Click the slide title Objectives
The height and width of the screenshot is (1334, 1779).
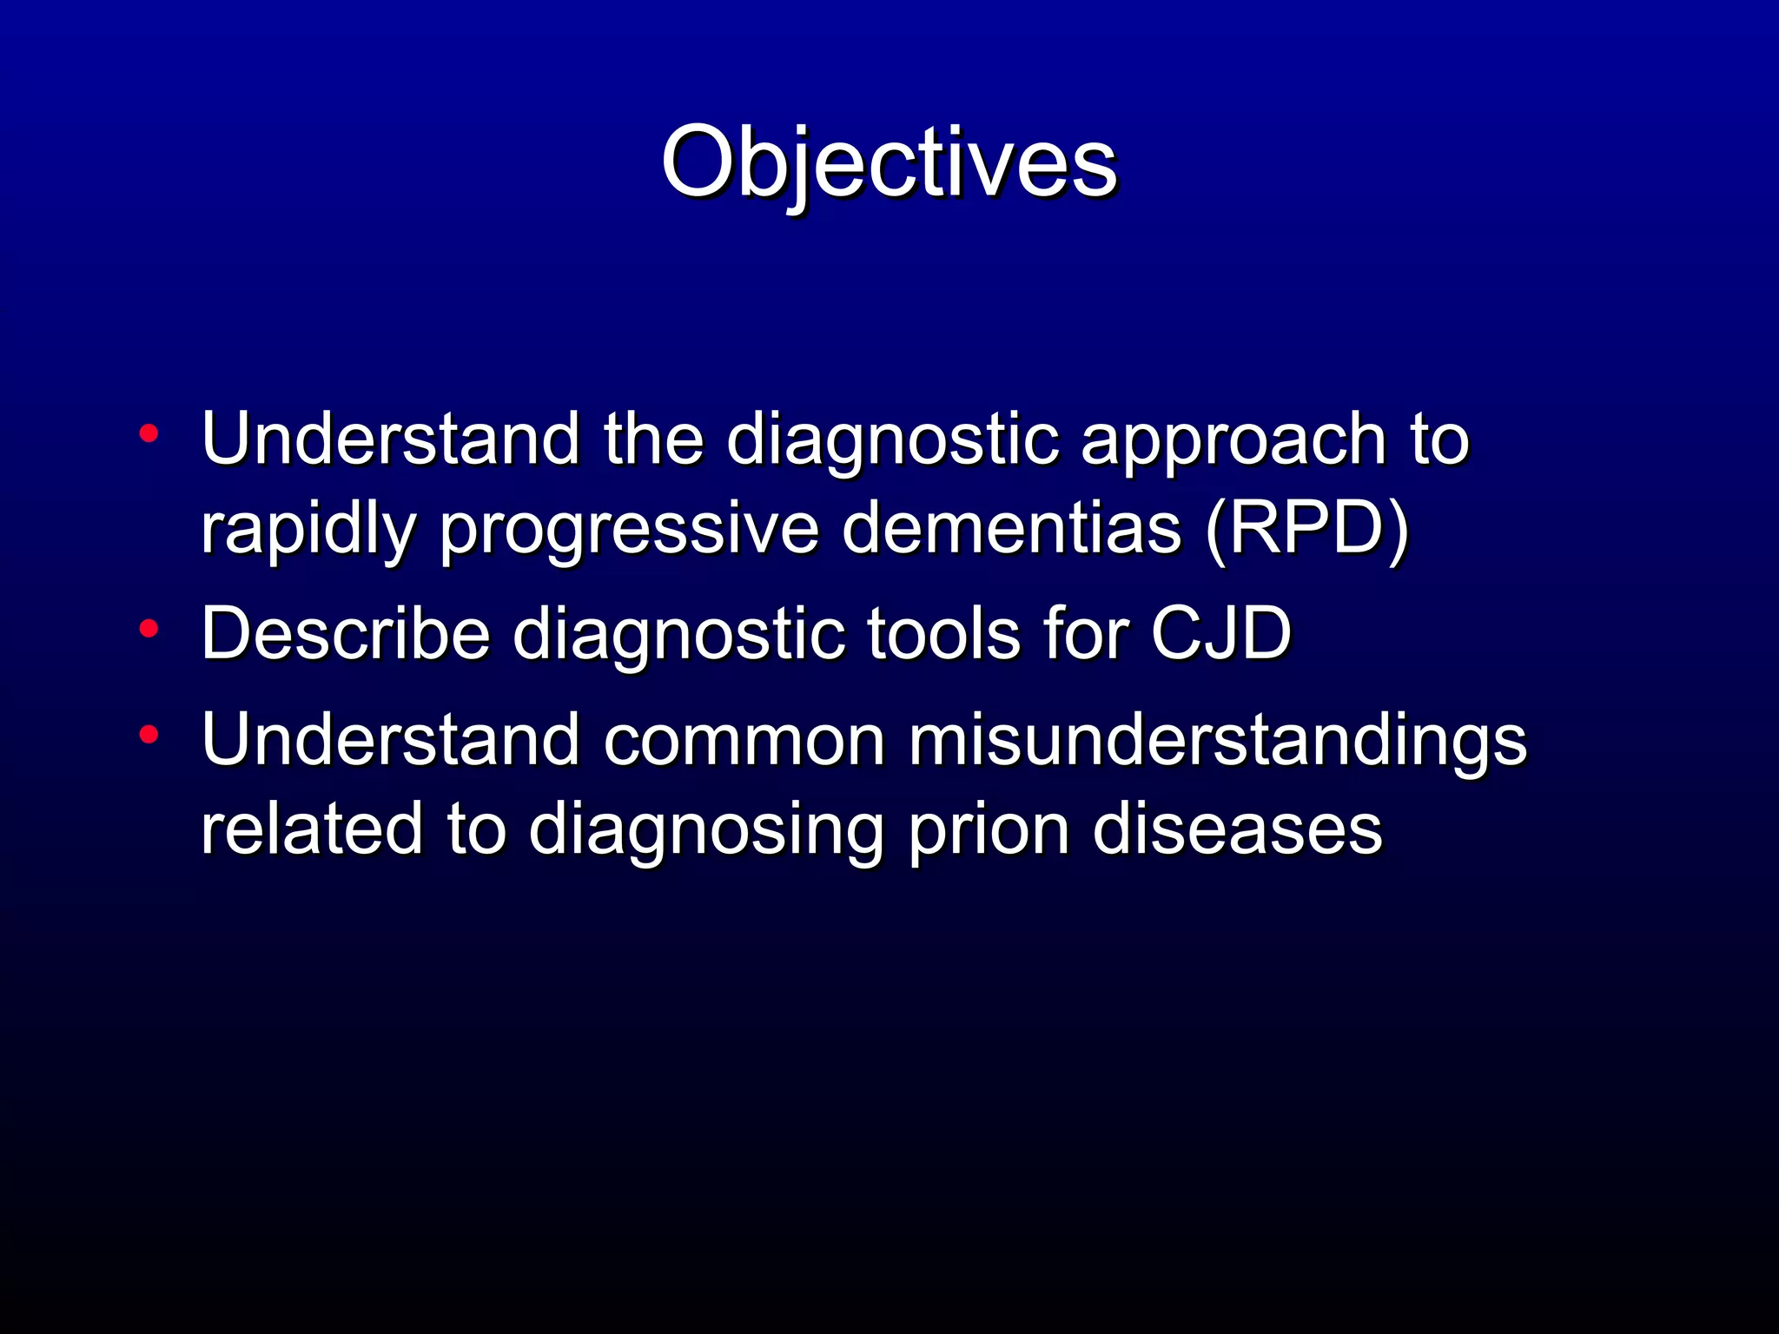tap(889, 163)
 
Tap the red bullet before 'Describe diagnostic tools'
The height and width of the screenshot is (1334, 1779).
tap(149, 628)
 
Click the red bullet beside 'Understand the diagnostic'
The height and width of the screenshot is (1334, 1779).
tap(149, 433)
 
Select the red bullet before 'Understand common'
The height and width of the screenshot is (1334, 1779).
tap(149, 735)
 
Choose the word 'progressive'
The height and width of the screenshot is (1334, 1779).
tap(629, 530)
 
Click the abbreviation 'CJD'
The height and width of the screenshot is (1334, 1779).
tap(1221, 633)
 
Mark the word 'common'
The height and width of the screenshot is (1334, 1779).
tap(744, 740)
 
